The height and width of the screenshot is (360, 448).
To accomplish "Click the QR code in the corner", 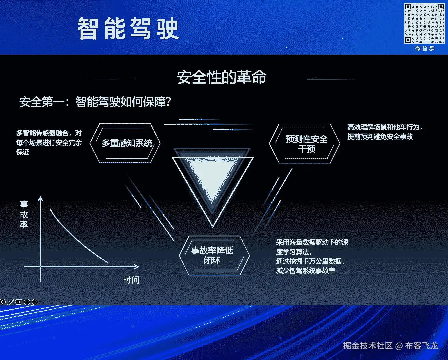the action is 424,23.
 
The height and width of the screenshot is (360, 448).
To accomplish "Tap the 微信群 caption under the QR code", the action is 425,49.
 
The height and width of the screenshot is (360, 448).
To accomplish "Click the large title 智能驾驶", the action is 128,29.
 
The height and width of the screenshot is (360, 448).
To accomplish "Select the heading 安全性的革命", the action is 221,77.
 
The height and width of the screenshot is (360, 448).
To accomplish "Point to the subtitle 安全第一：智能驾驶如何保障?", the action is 95,102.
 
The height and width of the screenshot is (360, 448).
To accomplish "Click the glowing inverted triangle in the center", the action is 212,183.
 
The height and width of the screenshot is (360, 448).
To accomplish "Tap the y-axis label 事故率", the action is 24,214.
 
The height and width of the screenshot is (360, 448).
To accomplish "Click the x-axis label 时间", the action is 131,280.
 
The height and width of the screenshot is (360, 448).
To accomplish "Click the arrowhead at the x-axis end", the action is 136,267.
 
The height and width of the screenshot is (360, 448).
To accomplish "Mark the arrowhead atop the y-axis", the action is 41,199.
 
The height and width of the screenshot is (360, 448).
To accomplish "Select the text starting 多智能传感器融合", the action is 49,142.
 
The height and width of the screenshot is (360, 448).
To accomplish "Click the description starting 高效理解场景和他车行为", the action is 385,132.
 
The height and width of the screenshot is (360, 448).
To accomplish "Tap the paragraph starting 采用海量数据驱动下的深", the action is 312,256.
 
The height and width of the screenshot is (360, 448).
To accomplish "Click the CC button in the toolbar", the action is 19,302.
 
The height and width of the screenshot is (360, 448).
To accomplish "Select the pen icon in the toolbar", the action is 11,302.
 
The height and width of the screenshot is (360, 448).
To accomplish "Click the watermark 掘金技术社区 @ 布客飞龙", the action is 390,346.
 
